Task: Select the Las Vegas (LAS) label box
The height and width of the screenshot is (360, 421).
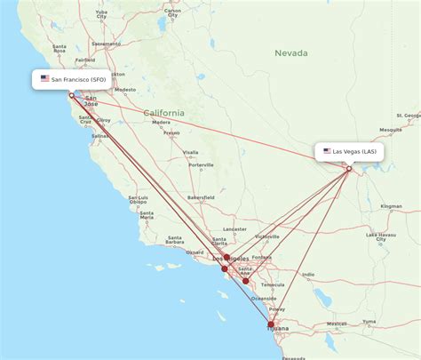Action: click(x=350, y=151)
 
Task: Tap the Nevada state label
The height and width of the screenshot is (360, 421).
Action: click(x=290, y=53)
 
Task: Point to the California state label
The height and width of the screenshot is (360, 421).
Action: click(x=164, y=113)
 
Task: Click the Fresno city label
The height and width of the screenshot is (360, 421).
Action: click(x=171, y=133)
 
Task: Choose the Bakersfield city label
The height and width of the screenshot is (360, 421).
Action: click(x=200, y=196)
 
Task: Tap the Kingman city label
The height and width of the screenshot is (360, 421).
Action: click(x=392, y=205)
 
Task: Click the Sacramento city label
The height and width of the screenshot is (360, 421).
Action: click(x=106, y=44)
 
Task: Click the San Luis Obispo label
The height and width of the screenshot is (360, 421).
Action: click(x=138, y=199)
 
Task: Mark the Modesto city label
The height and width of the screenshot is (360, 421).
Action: click(x=125, y=89)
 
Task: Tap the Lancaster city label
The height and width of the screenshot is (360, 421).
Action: click(x=234, y=228)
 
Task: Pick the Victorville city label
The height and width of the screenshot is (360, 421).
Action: click(x=266, y=236)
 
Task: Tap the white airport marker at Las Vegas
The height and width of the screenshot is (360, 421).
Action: click(x=349, y=168)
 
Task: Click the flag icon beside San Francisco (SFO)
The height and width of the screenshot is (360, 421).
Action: click(x=44, y=78)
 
